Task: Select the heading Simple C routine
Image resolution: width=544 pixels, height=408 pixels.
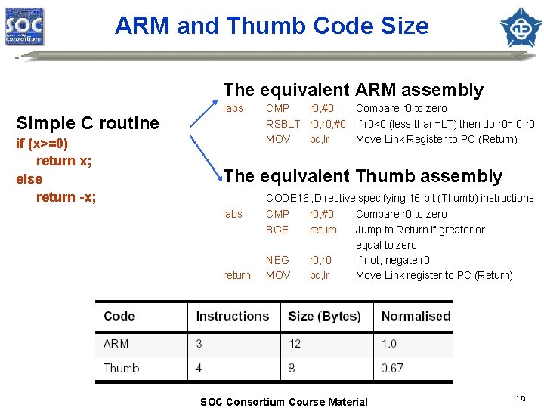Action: coord(88,123)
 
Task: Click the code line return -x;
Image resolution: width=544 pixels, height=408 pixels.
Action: coord(66,197)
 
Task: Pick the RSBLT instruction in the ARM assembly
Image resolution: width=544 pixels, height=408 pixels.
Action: coord(283,124)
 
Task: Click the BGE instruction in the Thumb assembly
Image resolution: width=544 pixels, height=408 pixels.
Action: coord(277,230)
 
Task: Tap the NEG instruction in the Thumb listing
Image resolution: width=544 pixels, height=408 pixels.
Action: coord(277,260)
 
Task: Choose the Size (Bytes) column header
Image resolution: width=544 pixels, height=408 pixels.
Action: coord(324,316)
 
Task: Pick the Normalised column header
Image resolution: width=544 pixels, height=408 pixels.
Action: coord(416,316)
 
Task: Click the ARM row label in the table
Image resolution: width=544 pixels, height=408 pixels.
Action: coord(116,344)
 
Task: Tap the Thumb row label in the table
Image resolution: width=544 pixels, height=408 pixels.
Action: coord(122,368)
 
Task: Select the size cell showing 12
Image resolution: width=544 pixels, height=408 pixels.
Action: coord(295,344)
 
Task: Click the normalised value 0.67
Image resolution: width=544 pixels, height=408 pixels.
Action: coord(392,368)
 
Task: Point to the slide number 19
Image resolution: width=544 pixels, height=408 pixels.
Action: coord(520,400)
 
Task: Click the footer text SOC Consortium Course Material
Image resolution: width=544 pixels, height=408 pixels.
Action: coord(283,402)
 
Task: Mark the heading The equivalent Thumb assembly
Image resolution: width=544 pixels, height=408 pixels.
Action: coord(363,176)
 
